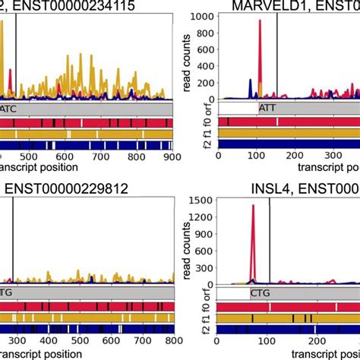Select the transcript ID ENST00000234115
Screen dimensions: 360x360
(x=75, y=7)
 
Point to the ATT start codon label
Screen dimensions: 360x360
(x=268, y=109)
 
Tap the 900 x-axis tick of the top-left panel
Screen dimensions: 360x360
(x=172, y=156)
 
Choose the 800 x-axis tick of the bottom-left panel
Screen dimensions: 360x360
(x=172, y=339)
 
